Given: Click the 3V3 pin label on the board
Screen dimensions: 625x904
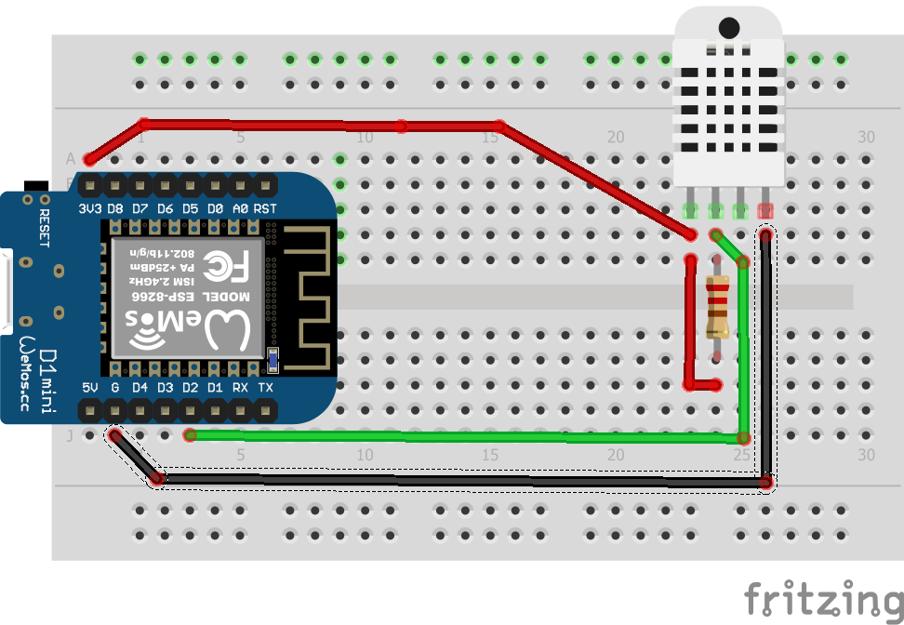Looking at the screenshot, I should pos(90,209).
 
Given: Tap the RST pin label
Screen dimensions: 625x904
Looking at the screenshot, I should pos(265,209).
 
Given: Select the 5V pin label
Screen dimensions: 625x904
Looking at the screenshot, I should pos(90,387).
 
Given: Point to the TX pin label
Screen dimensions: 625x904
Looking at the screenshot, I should pos(266,387).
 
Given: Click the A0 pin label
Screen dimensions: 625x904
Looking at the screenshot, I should pos(240,209).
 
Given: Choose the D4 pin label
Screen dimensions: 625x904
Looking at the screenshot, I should pos(140,387).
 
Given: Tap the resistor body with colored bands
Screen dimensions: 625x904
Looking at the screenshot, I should pos(717,308).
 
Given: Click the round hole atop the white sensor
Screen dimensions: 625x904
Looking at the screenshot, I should pos(729,27).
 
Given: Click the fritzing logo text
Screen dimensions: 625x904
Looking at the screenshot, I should pos(822,599).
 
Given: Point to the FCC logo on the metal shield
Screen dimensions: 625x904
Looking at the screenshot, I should pos(226,269).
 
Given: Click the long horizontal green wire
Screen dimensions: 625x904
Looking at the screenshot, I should pos(465,435).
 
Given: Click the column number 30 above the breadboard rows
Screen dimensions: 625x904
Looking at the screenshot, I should pos(866,137).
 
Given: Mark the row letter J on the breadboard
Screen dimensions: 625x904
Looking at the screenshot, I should pos(71,434).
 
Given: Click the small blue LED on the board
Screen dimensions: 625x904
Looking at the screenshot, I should pos(273,357).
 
